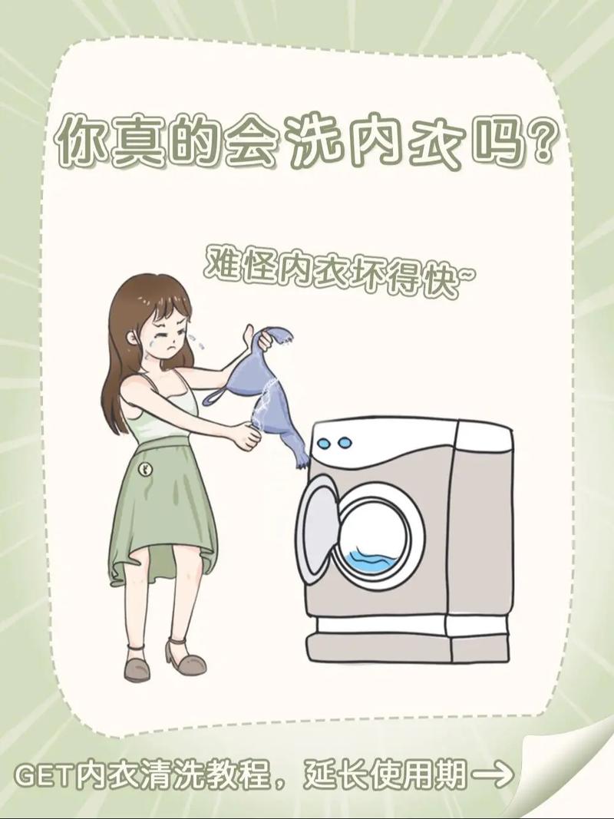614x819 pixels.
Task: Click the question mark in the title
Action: tap(534, 140)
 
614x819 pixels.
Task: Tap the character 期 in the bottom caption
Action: tap(450, 776)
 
